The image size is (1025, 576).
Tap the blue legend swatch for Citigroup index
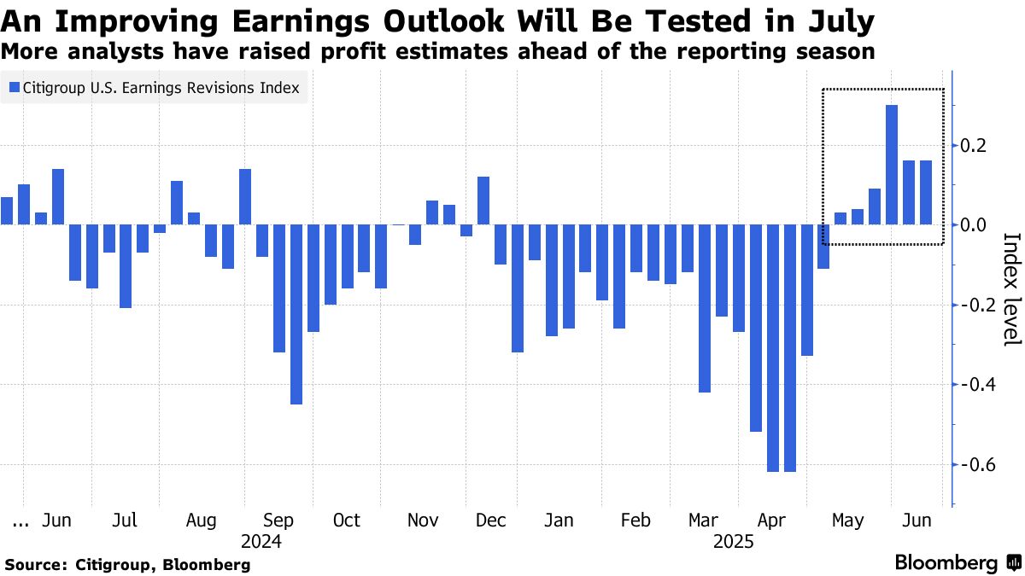click(15, 88)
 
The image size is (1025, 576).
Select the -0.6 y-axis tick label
click(977, 465)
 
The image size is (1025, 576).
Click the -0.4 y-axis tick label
click(977, 385)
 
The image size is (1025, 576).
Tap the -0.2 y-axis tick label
click(977, 305)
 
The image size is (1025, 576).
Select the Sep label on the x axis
click(279, 521)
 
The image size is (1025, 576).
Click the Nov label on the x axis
click(423, 521)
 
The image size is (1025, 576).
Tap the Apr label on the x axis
click(771, 521)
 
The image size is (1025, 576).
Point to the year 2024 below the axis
click(261, 541)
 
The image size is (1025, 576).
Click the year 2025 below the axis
click(734, 541)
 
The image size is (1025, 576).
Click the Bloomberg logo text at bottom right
click(946, 563)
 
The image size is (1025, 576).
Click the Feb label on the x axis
click(635, 521)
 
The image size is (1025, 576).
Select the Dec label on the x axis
click(491, 521)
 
